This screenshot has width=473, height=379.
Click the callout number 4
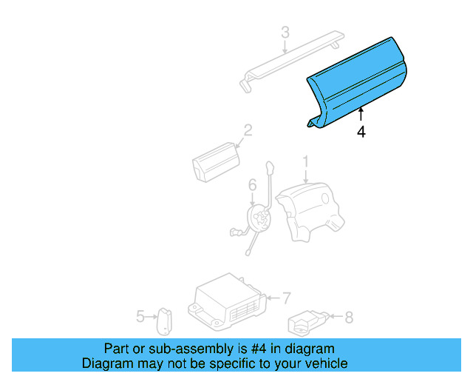click(x=361, y=132)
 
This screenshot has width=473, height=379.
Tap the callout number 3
click(x=285, y=33)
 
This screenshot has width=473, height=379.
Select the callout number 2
click(x=248, y=130)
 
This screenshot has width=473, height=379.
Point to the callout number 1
click(x=306, y=161)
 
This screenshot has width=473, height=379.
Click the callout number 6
click(x=253, y=185)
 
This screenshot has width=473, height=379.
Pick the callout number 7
click(x=286, y=298)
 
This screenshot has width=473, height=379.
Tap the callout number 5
click(x=140, y=316)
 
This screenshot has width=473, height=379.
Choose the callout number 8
click(x=349, y=318)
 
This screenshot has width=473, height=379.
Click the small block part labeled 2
click(x=216, y=161)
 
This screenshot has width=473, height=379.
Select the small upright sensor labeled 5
click(x=164, y=321)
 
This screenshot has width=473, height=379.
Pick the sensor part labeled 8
click(x=308, y=323)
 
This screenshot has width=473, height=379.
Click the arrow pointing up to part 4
click(x=361, y=115)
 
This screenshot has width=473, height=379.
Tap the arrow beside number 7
click(x=273, y=298)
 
